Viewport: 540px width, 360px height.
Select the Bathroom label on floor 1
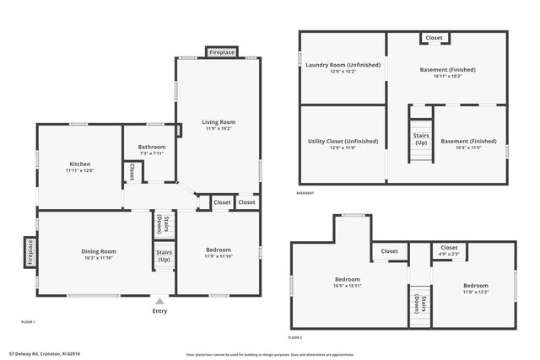click(151, 147)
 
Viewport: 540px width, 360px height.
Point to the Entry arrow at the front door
click(159, 300)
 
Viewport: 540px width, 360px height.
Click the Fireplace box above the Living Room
click(222, 52)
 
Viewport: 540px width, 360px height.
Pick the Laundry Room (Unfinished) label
click(343, 65)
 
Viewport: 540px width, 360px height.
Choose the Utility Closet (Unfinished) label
click(343, 142)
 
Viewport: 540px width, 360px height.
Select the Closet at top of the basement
click(435, 38)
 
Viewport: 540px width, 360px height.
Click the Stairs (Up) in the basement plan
click(420, 139)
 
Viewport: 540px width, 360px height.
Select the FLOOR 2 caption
click(294, 336)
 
